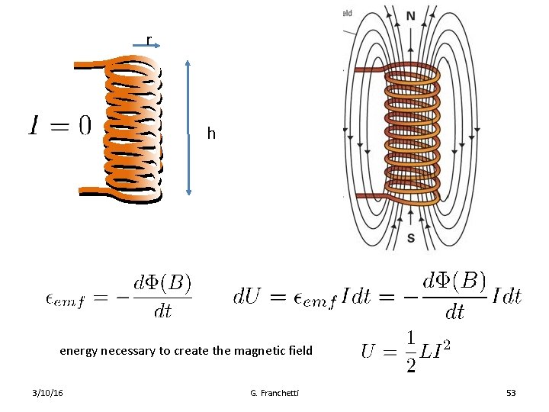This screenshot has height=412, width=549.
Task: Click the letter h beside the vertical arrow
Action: (211, 134)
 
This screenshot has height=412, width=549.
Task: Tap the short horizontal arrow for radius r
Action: (146, 47)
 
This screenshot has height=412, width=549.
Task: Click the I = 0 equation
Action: (59, 125)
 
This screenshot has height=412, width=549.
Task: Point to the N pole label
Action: (411, 16)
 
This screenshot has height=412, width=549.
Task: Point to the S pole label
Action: (411, 238)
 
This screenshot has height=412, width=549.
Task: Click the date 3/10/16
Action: (48, 393)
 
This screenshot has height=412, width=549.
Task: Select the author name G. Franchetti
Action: (274, 393)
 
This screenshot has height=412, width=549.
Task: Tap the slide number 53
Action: (511, 393)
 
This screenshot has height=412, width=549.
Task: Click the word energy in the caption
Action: (80, 351)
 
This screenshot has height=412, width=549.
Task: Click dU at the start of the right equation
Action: (247, 296)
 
